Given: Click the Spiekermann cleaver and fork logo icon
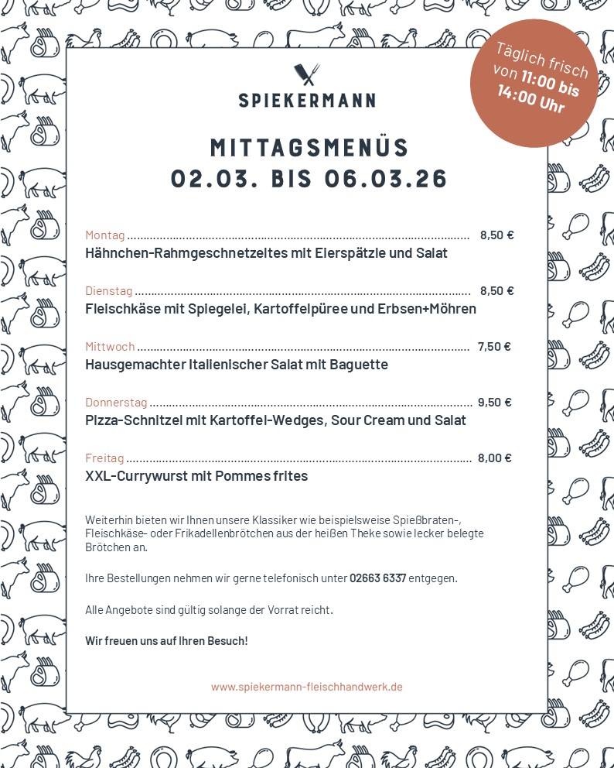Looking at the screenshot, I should click(307, 74).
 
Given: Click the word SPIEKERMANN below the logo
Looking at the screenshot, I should click(307, 100).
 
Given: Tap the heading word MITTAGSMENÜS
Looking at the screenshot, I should click(309, 147).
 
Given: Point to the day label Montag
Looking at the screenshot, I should click(104, 235).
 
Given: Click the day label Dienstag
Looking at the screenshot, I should click(108, 291).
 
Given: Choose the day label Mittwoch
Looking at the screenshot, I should click(110, 347).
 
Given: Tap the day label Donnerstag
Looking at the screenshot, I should click(116, 403).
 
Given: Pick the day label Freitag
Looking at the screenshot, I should click(104, 458).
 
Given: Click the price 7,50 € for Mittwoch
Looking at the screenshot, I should click(494, 347).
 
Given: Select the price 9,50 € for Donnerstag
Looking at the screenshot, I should click(495, 403).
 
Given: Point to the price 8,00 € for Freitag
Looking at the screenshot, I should click(495, 458).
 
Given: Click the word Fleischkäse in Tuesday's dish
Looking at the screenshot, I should click(124, 309).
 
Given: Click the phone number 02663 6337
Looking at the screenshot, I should click(377, 578).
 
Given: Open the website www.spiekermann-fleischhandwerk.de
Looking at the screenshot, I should click(306, 687).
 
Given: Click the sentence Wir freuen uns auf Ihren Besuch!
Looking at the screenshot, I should click(166, 641).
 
